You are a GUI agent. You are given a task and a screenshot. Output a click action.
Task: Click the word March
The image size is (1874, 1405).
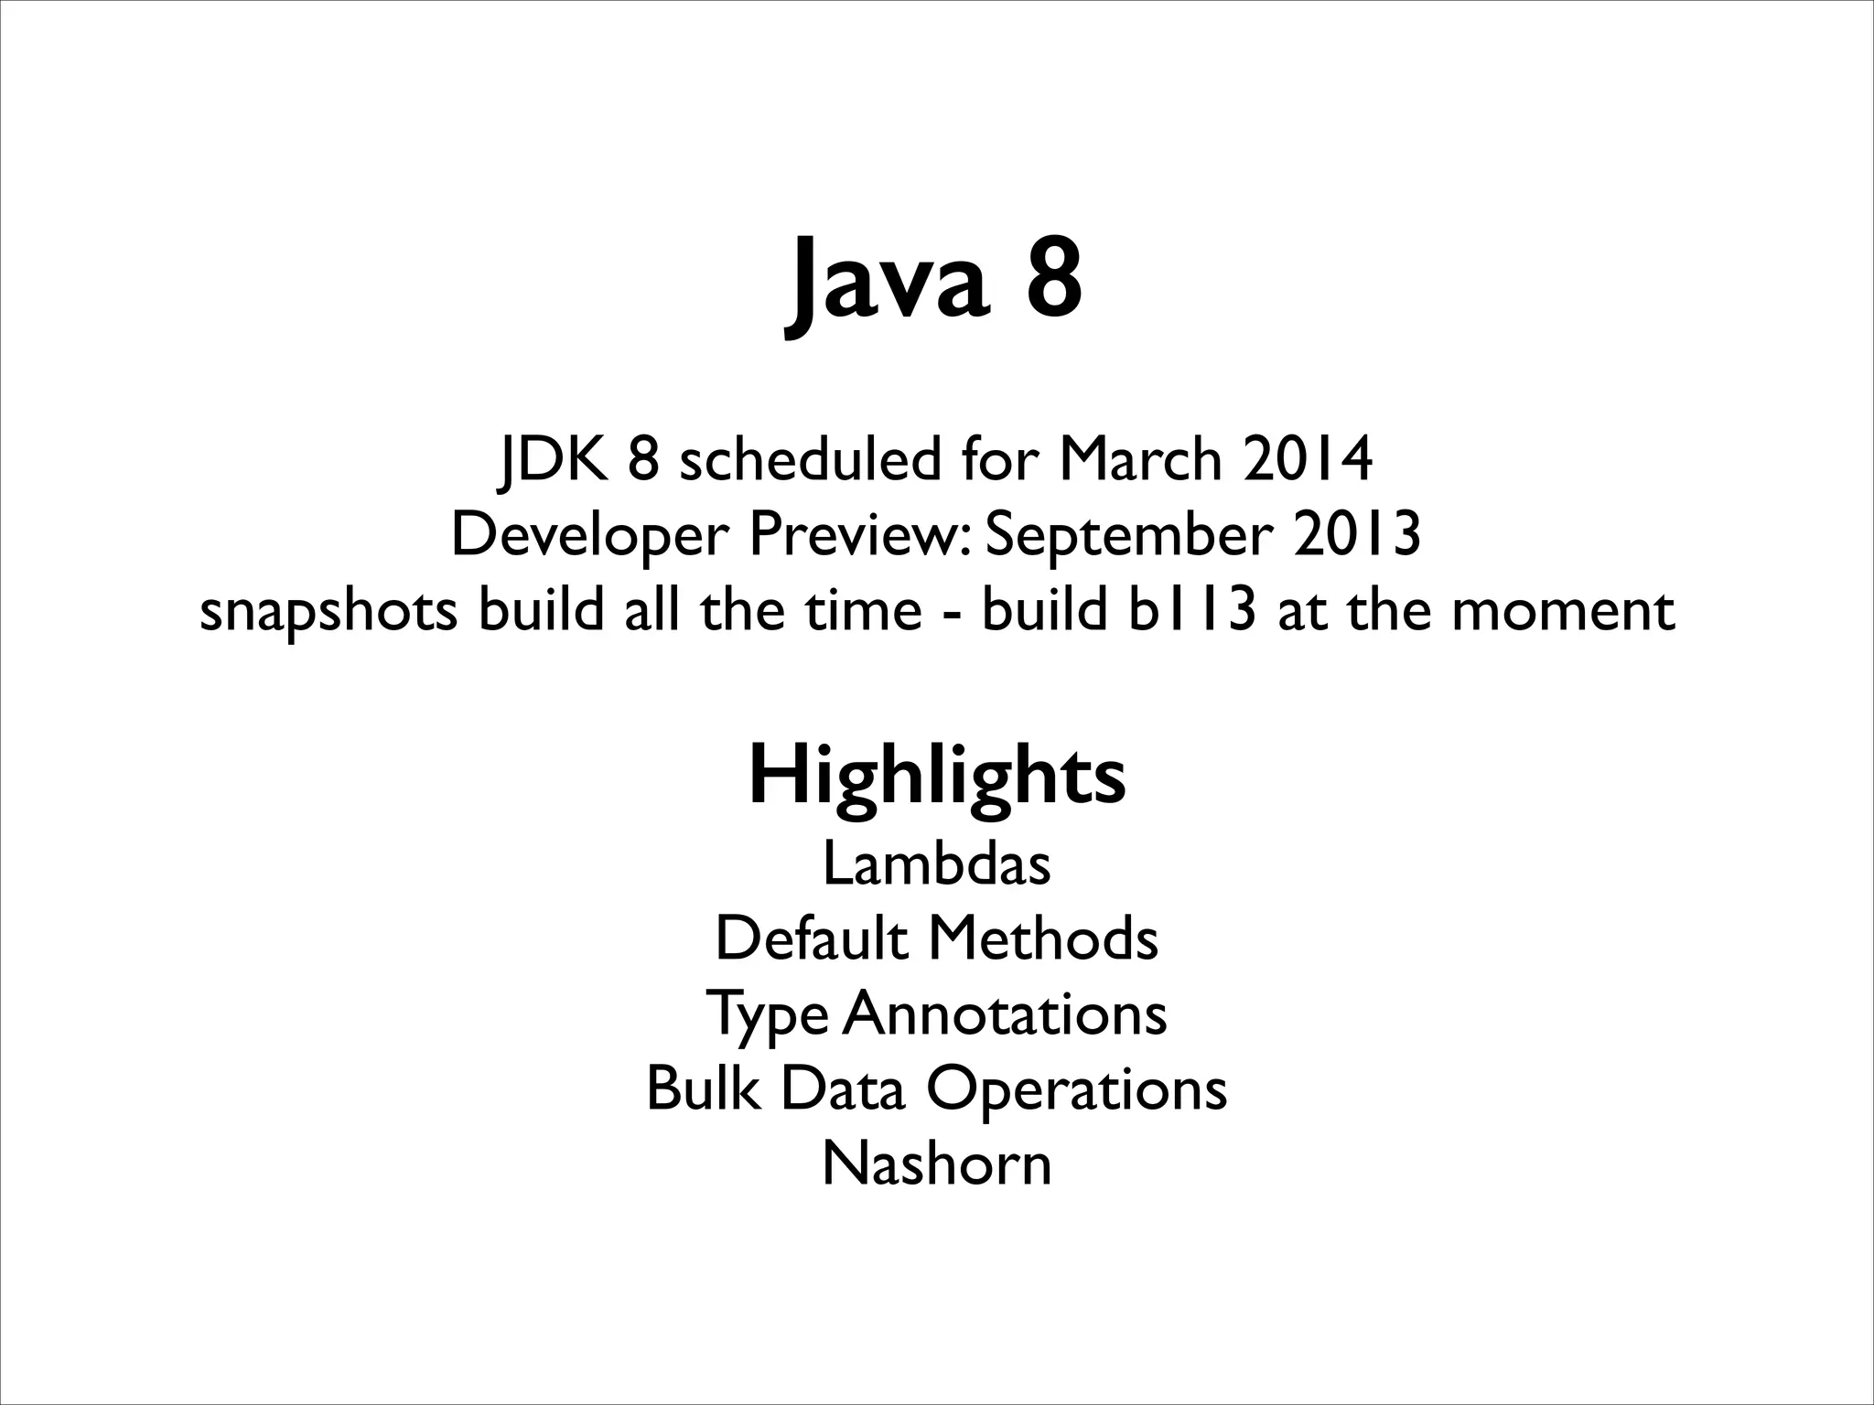click(1140, 459)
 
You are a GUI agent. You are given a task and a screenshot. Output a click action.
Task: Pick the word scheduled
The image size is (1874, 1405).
click(809, 459)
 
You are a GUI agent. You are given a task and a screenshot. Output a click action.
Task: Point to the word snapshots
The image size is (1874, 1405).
click(328, 611)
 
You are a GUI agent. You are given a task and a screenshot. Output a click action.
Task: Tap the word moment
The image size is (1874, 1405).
click(1563, 611)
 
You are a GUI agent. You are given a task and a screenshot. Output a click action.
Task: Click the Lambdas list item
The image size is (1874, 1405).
click(937, 863)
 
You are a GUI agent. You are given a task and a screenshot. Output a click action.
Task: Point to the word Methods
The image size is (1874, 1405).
click(1043, 938)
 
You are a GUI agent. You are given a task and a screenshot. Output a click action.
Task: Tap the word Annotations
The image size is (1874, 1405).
click(1004, 1014)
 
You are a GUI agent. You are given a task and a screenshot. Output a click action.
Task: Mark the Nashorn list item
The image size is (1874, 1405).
click(937, 1164)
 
